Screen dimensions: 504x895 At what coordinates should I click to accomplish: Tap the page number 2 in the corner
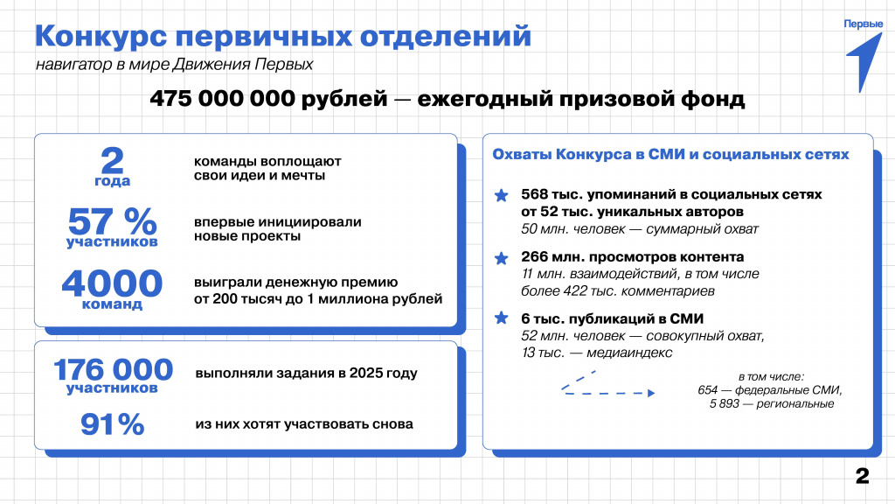tap(862, 477)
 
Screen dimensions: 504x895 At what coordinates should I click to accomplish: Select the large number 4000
tap(112, 283)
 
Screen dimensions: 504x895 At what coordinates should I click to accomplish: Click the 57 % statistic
tap(112, 220)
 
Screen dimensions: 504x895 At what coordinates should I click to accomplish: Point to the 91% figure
tap(112, 424)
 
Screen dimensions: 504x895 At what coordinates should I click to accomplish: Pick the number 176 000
tap(114, 368)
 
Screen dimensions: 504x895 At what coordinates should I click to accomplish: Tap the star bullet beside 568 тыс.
tap(501, 196)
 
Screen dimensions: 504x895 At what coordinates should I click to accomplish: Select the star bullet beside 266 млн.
tap(501, 259)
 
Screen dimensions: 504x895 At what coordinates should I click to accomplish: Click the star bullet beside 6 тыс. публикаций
tap(501, 318)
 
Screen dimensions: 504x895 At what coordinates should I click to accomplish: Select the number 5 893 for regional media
tap(725, 403)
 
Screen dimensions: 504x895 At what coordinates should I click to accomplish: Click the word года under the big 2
tap(112, 181)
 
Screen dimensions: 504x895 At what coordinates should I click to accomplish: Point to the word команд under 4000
tap(112, 305)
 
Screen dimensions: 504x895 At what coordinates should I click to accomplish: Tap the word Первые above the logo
tap(862, 24)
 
